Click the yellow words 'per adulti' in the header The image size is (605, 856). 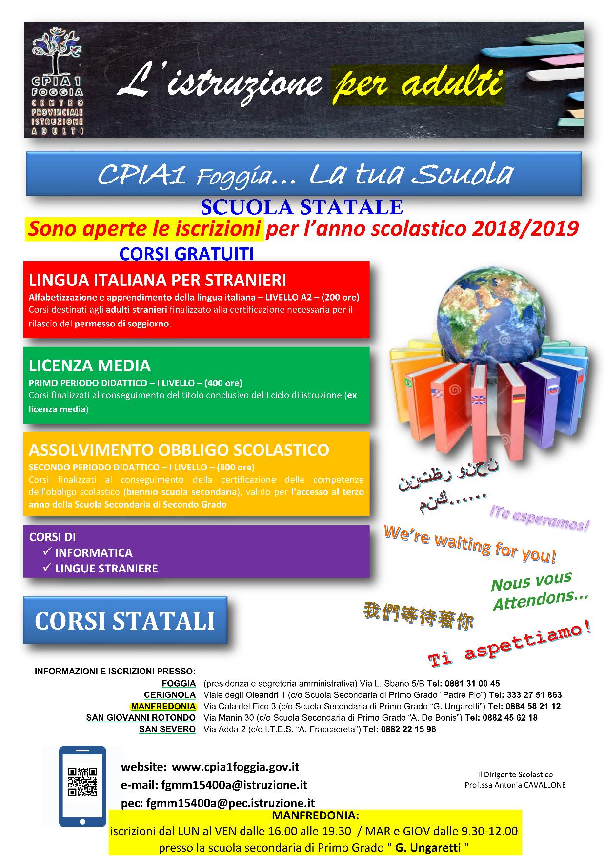(418, 84)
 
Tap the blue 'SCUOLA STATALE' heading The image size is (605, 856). (302, 207)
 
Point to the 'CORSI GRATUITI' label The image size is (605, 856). (186, 254)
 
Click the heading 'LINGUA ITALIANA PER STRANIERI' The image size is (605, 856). (157, 280)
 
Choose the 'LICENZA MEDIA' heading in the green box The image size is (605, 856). (89, 366)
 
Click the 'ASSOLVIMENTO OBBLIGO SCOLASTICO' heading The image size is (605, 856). (179, 449)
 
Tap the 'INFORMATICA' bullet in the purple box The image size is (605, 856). (93, 552)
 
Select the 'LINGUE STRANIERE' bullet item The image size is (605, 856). (106, 568)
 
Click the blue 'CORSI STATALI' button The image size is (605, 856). (125, 620)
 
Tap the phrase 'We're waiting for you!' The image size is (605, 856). (469, 543)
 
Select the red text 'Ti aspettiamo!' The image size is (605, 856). (509, 645)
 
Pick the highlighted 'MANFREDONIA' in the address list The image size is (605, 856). (163, 706)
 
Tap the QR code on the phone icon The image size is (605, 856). (82, 782)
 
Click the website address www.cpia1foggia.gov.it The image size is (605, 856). (235, 767)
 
